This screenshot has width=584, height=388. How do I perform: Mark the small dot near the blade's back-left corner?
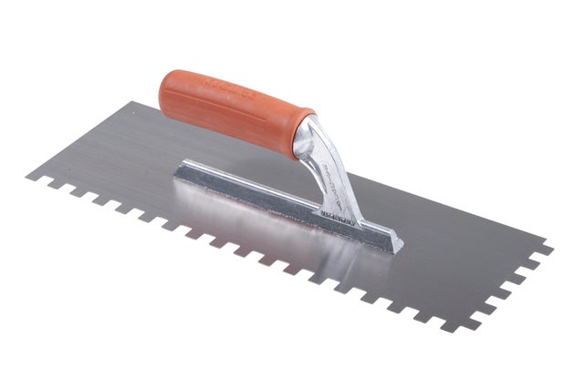pos(135,113)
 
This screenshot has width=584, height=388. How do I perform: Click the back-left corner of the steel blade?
pos(130,102)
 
